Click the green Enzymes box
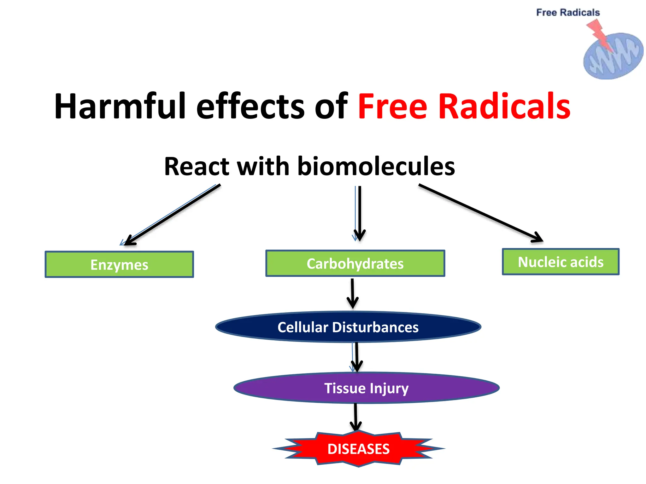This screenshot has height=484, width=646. [x=119, y=264]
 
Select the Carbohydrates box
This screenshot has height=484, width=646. [x=355, y=263]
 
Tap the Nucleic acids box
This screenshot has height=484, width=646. [x=561, y=262]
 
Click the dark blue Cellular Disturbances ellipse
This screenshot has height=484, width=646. [x=348, y=327]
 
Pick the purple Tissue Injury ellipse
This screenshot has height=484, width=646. [x=366, y=388]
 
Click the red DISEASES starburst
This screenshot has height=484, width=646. [x=359, y=449]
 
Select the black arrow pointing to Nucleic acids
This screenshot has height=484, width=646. [x=479, y=213]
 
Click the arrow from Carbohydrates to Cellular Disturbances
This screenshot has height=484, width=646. [x=352, y=293]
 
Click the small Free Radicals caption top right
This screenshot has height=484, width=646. [x=568, y=13]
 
